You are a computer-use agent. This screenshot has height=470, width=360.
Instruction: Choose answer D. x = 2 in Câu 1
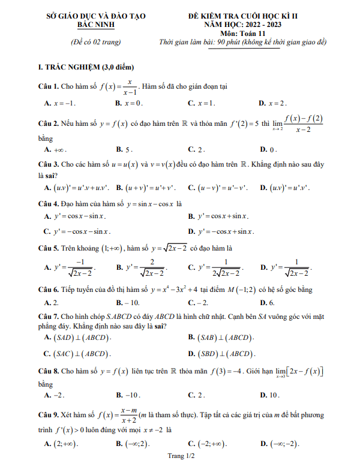point(273,104)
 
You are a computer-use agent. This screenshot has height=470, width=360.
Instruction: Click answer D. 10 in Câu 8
point(269,396)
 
